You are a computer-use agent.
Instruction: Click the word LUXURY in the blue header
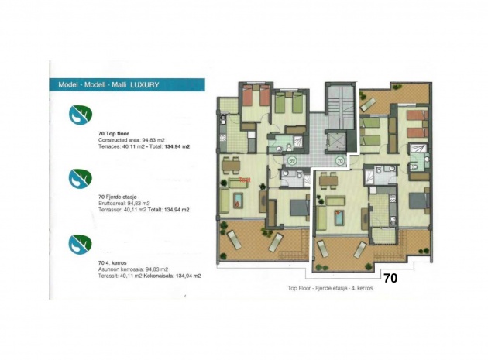(x=145, y=84)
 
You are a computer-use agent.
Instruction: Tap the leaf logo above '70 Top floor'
(x=79, y=115)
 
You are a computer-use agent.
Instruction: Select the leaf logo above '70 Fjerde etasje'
(x=79, y=178)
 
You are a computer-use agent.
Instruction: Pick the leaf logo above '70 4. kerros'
(x=79, y=242)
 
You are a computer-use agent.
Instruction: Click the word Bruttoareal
(x=114, y=204)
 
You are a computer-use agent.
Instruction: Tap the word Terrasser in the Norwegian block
(x=112, y=210)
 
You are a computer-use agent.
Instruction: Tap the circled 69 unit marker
(x=292, y=161)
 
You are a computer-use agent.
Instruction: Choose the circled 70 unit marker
(x=340, y=161)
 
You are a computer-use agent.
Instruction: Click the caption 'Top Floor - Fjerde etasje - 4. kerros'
(x=329, y=287)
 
